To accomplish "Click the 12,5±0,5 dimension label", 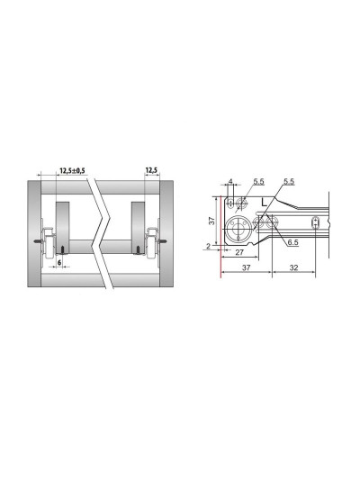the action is click(x=72, y=170).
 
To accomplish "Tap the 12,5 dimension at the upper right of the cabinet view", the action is click(x=152, y=170).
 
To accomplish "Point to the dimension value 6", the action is click(x=59, y=262).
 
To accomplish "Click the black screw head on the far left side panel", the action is click(x=37, y=241).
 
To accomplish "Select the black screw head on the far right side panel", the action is click(x=164, y=241).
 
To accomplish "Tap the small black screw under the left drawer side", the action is click(x=63, y=249).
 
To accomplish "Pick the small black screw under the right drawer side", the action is click(x=139, y=249).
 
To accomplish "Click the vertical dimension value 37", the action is click(x=211, y=221).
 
